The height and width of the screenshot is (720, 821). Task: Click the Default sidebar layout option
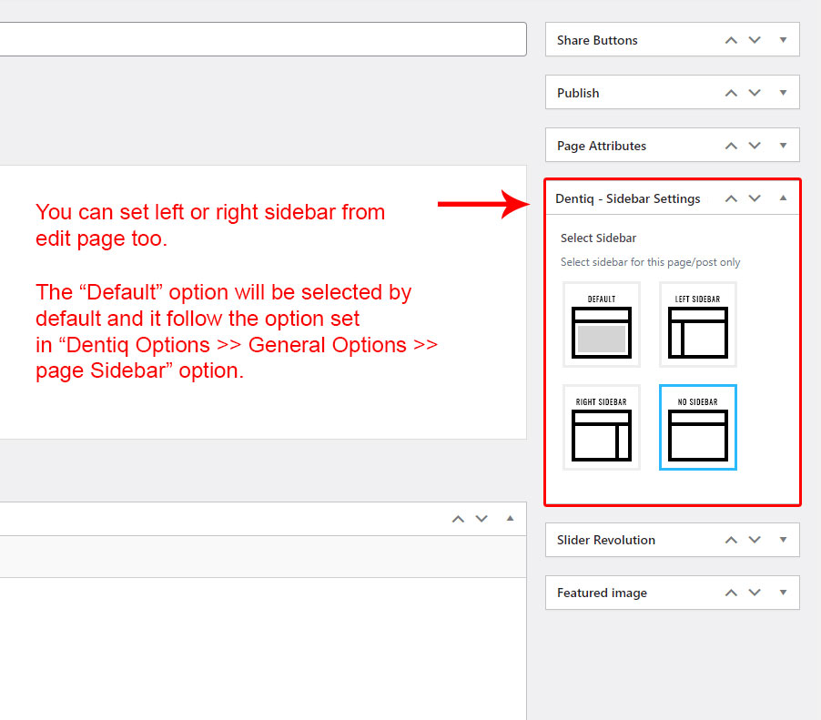(601, 324)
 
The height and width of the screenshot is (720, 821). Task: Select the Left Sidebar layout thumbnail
(698, 324)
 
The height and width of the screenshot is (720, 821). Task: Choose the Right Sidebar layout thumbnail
(601, 427)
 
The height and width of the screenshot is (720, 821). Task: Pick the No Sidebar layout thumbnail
(698, 427)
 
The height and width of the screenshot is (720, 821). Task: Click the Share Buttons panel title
(597, 40)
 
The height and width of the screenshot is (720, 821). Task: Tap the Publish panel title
(578, 93)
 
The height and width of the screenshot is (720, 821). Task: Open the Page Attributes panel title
(602, 147)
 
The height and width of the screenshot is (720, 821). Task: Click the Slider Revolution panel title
(606, 540)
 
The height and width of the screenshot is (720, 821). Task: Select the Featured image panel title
(602, 593)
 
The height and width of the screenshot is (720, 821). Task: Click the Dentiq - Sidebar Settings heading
(628, 199)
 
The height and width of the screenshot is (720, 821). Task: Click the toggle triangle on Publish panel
(784, 93)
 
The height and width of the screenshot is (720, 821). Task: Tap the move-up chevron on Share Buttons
(731, 40)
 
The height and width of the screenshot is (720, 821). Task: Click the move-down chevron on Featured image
(755, 593)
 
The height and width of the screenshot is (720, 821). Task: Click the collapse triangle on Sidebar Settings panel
(784, 198)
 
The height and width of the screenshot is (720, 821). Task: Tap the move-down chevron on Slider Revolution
(755, 540)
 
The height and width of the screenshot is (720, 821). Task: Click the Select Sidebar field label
(599, 238)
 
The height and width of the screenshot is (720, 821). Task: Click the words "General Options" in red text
(328, 346)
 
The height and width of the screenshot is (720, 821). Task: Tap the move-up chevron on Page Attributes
(731, 146)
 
